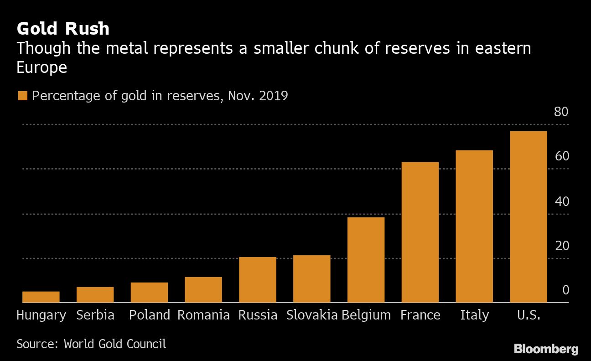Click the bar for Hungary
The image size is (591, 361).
(41, 297)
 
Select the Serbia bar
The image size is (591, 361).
(95, 294)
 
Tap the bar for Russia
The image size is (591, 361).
(258, 279)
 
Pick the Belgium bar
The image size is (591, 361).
(366, 259)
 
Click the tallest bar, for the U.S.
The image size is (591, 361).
(528, 217)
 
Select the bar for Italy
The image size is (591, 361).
(474, 226)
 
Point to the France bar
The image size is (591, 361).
(420, 232)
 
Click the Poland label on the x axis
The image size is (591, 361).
(149, 315)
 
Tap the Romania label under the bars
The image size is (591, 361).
(203, 315)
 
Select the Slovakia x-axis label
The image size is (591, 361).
(312, 315)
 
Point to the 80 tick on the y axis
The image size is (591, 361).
(561, 112)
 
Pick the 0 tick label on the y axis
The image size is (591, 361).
(565, 290)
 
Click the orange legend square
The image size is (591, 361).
(22, 96)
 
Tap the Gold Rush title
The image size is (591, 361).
(63, 29)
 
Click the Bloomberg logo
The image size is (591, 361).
(546, 349)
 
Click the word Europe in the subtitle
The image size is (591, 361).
(42, 67)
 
